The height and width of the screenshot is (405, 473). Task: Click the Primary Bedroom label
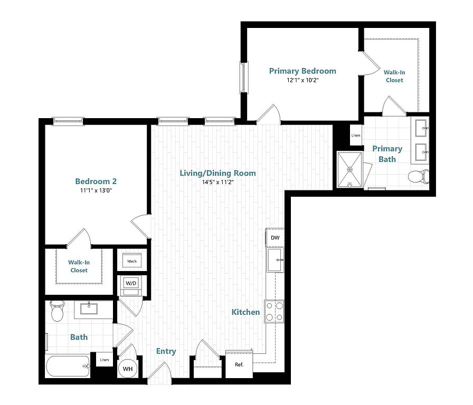302,71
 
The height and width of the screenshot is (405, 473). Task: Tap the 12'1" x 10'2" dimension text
302,80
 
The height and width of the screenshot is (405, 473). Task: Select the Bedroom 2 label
96,181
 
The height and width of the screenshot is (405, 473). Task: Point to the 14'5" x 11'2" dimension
218,182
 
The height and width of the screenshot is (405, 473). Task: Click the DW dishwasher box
275,237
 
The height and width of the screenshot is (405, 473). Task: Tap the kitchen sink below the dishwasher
275,260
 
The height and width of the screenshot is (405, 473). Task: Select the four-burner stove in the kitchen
274,312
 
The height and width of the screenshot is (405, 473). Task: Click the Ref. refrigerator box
239,364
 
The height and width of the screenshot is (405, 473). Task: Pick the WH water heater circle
128,369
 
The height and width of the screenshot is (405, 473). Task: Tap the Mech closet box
132,261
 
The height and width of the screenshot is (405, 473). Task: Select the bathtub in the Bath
68,366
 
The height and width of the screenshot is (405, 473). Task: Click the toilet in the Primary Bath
419,177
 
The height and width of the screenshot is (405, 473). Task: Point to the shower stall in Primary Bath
350,170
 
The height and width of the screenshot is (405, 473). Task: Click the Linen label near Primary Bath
356,136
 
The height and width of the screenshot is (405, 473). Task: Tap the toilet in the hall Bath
57,311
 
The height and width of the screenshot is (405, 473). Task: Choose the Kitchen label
245,312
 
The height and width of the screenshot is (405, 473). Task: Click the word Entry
166,351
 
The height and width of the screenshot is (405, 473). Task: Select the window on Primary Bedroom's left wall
244,77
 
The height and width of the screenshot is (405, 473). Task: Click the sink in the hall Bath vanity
89,308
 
